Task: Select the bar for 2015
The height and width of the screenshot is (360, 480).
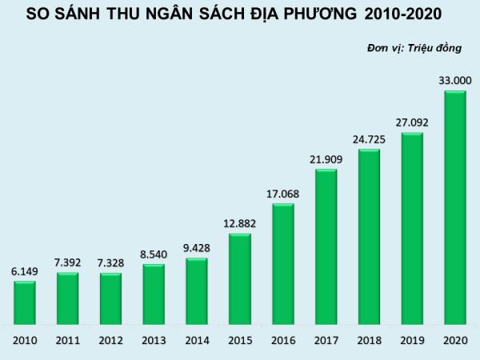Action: (x=240, y=279)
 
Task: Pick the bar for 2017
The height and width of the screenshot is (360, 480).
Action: (x=326, y=247)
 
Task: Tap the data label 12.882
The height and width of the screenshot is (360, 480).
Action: (x=240, y=223)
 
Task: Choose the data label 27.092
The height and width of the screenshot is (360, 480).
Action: (x=412, y=122)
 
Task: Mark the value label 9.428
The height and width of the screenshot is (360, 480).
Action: (x=197, y=248)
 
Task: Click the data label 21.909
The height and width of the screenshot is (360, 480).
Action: (x=326, y=159)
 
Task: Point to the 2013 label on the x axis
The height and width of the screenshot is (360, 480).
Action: (x=154, y=340)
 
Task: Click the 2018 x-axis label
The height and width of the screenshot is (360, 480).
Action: (x=369, y=340)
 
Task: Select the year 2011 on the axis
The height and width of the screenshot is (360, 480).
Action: (x=68, y=340)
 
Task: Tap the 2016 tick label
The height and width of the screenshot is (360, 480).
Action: (x=283, y=340)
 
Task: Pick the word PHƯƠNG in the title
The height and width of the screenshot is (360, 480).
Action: (x=306, y=15)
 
